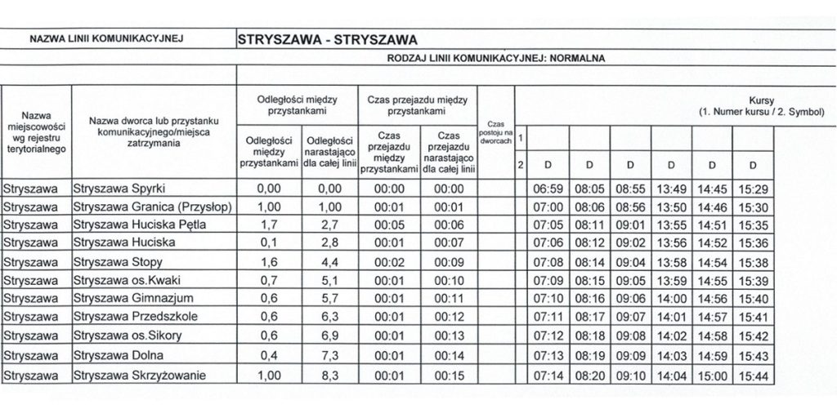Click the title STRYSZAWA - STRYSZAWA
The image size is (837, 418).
326,38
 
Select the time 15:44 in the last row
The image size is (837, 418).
751,375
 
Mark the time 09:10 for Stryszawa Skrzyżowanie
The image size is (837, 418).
629,375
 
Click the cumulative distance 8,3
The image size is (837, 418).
329,375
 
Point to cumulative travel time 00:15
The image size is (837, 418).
449,375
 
